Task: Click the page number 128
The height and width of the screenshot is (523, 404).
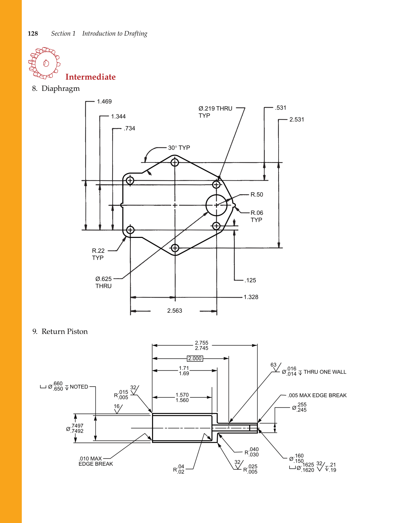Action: [x=33, y=34]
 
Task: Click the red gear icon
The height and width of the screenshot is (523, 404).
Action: [x=44, y=63]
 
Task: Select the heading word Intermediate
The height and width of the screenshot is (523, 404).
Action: [x=90, y=77]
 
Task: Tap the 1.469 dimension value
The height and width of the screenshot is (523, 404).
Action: [x=104, y=102]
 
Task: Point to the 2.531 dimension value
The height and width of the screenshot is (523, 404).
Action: [x=296, y=119]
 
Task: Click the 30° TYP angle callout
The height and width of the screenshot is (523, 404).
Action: [x=179, y=148]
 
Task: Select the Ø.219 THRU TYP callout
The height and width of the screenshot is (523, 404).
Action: [x=215, y=112]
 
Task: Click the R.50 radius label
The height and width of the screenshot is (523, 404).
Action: [x=257, y=195]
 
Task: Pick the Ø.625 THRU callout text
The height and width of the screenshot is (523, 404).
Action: [x=103, y=282]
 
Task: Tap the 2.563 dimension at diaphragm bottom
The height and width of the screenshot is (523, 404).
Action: [x=174, y=311]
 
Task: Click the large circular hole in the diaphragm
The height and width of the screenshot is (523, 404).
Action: [x=216, y=205]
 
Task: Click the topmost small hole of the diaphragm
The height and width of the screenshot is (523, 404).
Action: [x=175, y=162]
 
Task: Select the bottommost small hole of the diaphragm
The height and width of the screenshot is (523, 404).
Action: [x=175, y=248]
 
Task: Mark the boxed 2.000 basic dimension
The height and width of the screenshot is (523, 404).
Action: [x=195, y=358]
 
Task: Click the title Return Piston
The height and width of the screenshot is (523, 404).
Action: [x=65, y=332]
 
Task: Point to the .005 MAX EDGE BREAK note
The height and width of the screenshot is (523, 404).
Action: [x=317, y=395]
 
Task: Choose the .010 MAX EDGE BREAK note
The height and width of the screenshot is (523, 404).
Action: [x=95, y=461]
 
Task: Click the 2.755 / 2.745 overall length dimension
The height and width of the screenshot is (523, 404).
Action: [x=201, y=346]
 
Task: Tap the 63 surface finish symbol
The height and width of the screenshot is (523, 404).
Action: [x=275, y=366]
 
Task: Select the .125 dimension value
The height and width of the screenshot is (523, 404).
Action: [x=250, y=280]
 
